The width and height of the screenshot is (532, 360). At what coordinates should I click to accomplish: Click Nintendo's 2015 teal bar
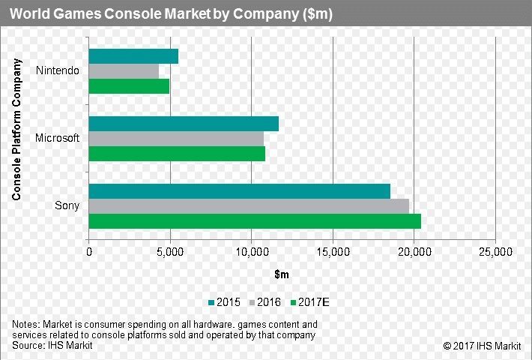(x=133, y=56)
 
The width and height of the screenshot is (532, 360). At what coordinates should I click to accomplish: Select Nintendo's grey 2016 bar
(x=124, y=71)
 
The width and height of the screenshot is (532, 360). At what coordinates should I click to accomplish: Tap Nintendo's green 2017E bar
(x=129, y=86)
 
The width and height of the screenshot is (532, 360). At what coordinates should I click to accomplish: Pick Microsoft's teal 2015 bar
(x=184, y=124)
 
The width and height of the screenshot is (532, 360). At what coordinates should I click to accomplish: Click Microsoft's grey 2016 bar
(x=176, y=139)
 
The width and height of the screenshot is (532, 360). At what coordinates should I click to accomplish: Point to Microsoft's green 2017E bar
(x=177, y=154)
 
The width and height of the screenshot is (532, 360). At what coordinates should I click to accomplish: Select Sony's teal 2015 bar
(x=239, y=191)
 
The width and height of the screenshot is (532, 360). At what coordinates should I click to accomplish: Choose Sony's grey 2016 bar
(x=249, y=205)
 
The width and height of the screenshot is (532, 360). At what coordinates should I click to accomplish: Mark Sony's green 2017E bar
(x=255, y=221)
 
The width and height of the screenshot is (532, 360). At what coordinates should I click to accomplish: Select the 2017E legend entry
(x=311, y=302)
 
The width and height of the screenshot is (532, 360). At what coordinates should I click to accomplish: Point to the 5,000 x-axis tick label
(x=170, y=253)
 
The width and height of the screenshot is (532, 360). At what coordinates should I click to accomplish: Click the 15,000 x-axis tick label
(x=333, y=253)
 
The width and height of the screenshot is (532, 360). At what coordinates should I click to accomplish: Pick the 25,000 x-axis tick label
(x=495, y=253)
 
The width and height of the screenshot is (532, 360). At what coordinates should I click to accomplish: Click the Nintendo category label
(x=57, y=71)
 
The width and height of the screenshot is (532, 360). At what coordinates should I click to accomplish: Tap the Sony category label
(x=67, y=205)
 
